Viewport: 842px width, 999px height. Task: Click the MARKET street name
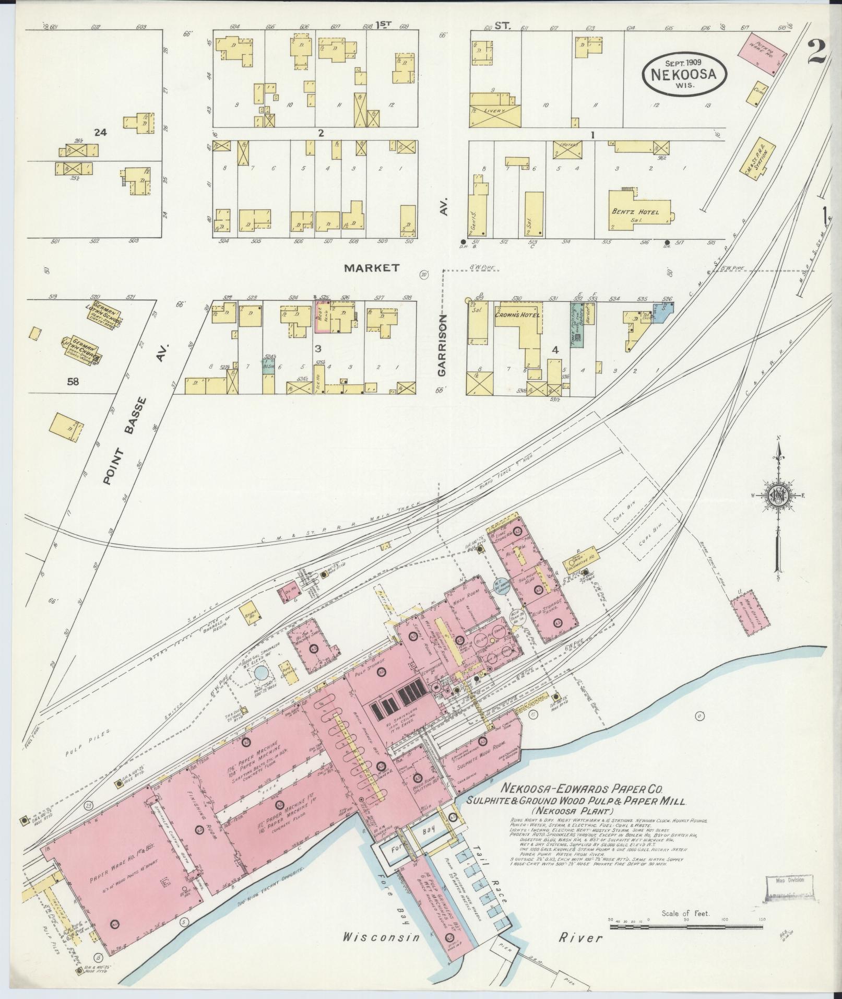point(372,268)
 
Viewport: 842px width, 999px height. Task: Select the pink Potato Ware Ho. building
point(757,54)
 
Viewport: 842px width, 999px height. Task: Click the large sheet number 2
point(815,52)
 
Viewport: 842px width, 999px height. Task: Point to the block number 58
point(73,382)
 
